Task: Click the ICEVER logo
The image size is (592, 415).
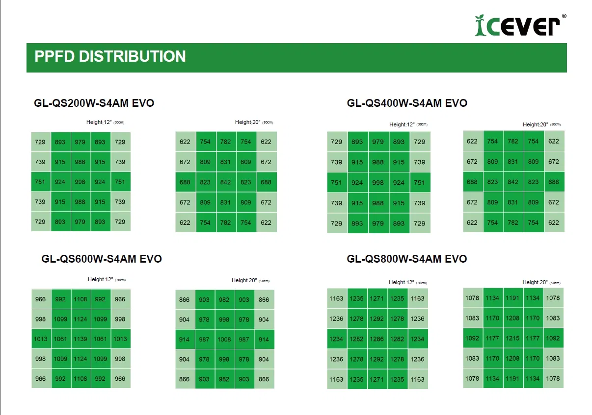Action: click(x=517, y=25)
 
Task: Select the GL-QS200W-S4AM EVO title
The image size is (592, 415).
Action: click(x=94, y=103)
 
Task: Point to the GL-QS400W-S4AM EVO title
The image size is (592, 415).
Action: click(x=407, y=103)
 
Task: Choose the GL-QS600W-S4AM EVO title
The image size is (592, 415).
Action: click(x=102, y=259)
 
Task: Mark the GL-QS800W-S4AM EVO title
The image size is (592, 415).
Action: click(x=407, y=259)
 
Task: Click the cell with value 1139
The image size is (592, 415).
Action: click(x=81, y=339)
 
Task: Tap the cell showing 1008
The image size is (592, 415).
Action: click(x=224, y=340)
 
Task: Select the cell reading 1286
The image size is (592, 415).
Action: click(x=377, y=339)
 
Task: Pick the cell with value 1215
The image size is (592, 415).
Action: click(x=512, y=338)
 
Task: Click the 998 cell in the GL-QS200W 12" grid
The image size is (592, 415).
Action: click(x=81, y=182)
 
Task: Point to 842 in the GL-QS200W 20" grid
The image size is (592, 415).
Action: click(x=225, y=182)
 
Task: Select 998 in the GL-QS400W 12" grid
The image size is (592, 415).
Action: click(x=378, y=183)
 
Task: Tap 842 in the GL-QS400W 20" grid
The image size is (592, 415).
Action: click(x=513, y=182)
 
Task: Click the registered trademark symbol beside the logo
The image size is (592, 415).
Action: click(x=564, y=16)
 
